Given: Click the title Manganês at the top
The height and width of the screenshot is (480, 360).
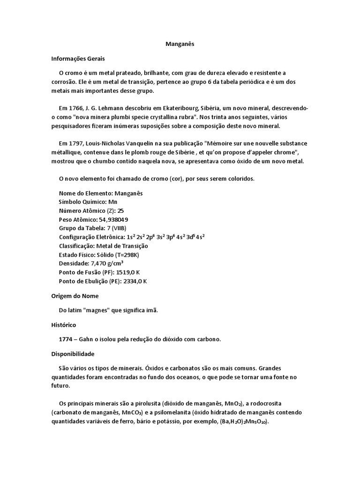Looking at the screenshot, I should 180,44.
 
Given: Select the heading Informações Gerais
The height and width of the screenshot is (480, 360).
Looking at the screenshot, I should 78,59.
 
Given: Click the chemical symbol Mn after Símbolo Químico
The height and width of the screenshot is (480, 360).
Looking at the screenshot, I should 112,202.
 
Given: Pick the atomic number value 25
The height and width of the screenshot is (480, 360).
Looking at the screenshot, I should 120,210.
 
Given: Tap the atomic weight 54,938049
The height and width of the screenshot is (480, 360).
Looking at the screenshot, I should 113,219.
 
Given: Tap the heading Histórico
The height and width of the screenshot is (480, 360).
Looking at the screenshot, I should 63,324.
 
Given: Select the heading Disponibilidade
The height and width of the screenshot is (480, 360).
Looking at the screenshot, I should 73,353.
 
